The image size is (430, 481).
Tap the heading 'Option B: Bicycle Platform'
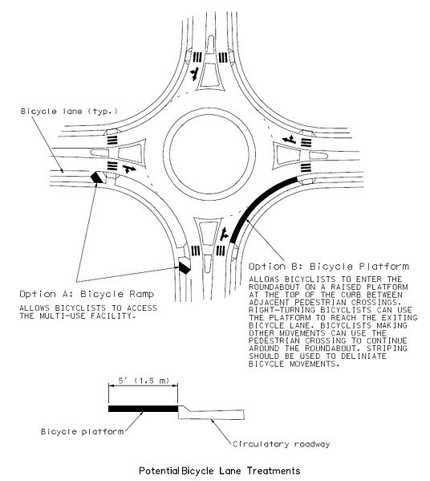[329, 265]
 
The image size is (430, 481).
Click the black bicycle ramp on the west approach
[98, 177]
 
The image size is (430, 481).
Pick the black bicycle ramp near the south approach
[185, 266]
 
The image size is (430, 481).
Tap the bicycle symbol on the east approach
[287, 141]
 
